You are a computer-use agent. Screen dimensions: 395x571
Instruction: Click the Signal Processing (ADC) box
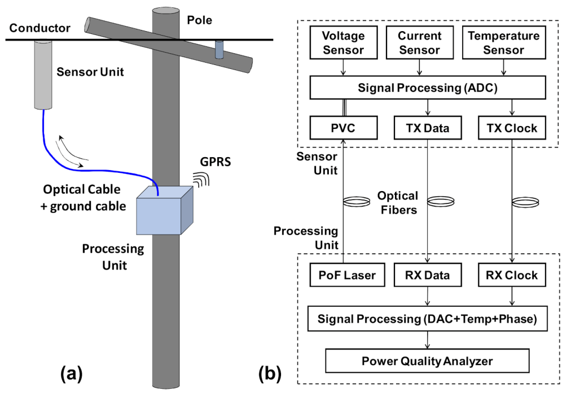[x=427, y=87]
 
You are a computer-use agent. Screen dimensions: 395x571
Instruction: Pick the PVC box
[x=344, y=128]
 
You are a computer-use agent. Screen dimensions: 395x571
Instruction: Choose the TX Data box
[x=427, y=128]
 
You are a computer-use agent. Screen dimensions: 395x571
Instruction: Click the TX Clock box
[x=512, y=128]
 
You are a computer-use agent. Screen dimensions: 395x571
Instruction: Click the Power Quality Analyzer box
[x=427, y=361]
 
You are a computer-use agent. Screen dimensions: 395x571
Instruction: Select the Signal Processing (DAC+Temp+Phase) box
[x=427, y=319]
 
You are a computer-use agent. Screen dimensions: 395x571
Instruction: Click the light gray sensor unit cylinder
[x=42, y=74]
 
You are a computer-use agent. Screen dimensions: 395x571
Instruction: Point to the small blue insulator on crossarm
[x=219, y=49]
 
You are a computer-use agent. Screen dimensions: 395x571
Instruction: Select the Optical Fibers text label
[x=397, y=203]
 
